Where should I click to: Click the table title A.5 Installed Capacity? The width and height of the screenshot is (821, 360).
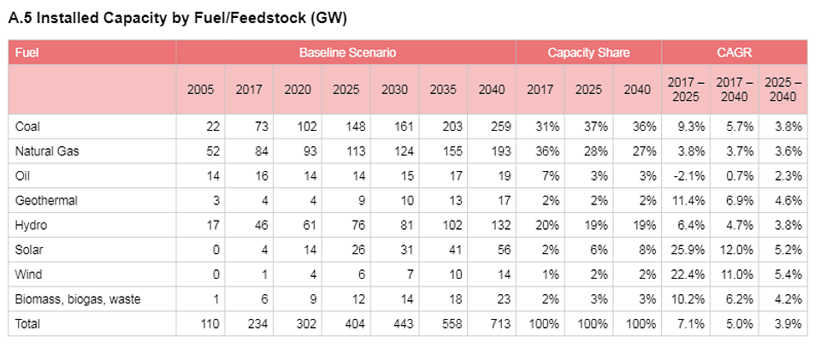coord(177,18)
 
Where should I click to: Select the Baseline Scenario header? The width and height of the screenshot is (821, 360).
coord(346,53)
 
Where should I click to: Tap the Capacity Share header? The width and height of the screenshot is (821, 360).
coord(588,53)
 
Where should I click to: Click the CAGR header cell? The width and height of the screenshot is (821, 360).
coord(735,53)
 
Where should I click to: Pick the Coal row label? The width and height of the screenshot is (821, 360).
coord(27,127)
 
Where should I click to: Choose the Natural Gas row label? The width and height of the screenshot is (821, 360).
coord(44,151)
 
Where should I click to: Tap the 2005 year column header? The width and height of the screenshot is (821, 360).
coord(201,90)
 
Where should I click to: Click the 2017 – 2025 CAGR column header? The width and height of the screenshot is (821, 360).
coord(686,90)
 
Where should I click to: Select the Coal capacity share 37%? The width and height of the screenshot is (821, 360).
coord(596,127)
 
